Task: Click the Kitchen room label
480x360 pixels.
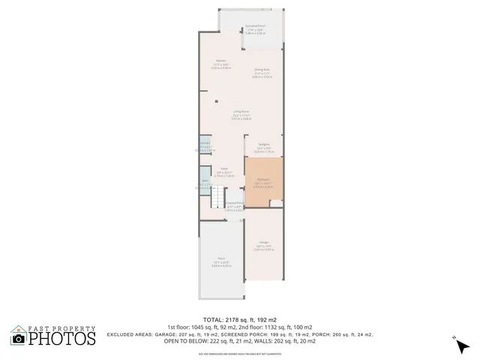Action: click(x=221, y=62)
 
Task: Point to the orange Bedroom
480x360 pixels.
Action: click(x=263, y=182)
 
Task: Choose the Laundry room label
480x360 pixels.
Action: click(x=204, y=145)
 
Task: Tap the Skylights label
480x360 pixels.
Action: click(x=264, y=145)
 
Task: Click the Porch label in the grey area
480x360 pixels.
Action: click(x=221, y=260)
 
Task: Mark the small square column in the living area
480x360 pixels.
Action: click(x=217, y=101)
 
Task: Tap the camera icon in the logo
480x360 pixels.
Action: click(x=18, y=338)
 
